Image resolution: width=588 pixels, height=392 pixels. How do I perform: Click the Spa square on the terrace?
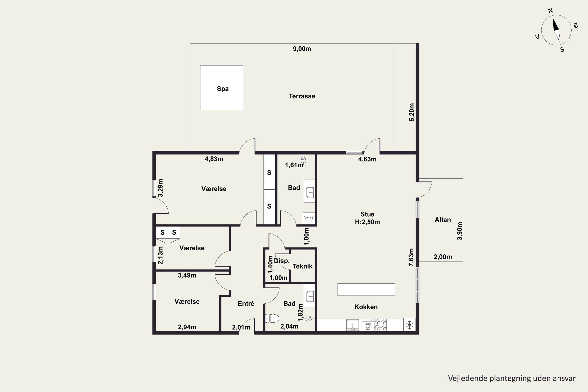pos(221,88)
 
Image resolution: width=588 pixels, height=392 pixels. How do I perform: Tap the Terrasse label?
pos(302,96)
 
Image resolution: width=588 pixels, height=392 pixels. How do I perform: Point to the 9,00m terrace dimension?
pos(302,49)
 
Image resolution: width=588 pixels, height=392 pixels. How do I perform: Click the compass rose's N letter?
pos(550,11)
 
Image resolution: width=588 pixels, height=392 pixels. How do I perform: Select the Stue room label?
pos(367,214)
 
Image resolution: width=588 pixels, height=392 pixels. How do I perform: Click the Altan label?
pos(443,220)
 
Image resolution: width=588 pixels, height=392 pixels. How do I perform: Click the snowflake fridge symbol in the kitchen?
pos(409,325)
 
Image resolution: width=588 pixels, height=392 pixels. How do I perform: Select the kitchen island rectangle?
pos(366,289)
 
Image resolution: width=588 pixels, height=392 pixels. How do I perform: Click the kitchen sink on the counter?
pos(352,325)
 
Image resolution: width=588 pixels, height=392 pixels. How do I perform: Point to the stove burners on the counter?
pos(380,325)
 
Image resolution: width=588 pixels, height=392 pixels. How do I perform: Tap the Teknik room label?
pos(302,266)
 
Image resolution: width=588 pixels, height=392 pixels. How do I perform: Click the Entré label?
pos(246,303)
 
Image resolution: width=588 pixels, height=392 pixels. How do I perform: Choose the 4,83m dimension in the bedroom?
pos(214,159)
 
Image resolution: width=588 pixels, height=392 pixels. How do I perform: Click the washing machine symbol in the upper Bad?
pos(309,218)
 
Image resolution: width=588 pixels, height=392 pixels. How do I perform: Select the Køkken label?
pos(366,307)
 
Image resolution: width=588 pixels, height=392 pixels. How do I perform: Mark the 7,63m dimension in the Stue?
pos(411,257)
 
